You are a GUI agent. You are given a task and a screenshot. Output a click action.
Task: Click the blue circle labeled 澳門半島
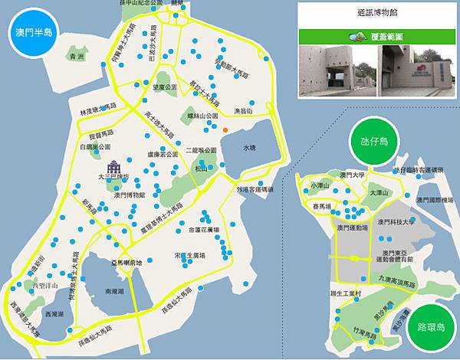tap(31, 34)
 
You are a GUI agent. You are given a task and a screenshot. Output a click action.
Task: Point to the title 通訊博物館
tap(376, 13)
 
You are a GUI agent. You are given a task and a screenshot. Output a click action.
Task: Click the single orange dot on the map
tap(225, 130)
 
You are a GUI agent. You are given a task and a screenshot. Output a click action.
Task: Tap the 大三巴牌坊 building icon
tap(113, 167)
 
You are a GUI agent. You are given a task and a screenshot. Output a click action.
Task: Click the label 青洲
tap(74, 57)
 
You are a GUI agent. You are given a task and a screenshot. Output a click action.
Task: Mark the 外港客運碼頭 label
tap(255, 188)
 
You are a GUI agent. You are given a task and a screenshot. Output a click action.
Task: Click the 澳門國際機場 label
tap(436, 201)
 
